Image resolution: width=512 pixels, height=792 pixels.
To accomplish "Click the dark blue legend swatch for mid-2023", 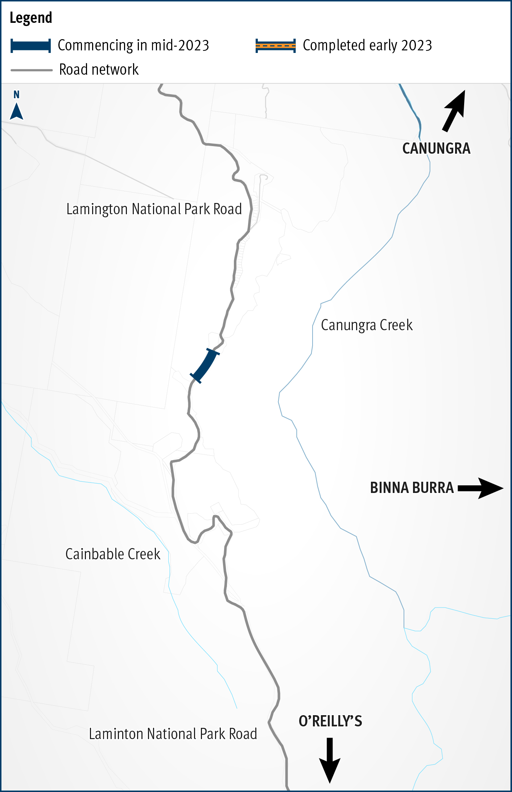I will point(30,46).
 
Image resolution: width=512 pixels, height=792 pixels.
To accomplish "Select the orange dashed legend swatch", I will point(276,46).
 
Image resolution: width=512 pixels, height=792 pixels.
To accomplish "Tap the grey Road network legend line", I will point(32,70).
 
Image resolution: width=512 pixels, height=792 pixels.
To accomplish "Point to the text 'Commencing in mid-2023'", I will point(133,46).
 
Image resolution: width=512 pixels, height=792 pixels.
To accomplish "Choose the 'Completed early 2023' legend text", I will point(367,46).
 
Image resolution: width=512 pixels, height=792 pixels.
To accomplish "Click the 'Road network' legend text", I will point(99,70).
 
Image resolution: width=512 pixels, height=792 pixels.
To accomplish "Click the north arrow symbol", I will point(16,112).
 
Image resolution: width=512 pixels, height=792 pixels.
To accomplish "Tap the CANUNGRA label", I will point(436,149).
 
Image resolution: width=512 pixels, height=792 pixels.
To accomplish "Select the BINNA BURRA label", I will point(412,488).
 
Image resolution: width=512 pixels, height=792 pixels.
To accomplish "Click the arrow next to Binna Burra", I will point(480,488).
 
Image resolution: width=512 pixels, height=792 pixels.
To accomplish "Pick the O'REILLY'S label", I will point(330,721).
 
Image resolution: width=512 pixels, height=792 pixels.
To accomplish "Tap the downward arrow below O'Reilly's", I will point(330,760).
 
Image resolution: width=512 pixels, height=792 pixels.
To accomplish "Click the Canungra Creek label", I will point(367,325).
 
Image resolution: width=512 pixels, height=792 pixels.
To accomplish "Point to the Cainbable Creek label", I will point(113,554).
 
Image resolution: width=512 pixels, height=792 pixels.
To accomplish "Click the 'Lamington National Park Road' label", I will point(154,209).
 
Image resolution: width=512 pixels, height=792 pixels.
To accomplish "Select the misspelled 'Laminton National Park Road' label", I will point(173,734).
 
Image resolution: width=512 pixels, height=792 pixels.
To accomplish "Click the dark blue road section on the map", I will point(205,366).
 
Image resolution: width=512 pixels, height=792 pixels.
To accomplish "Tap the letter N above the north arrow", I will point(16,95).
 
